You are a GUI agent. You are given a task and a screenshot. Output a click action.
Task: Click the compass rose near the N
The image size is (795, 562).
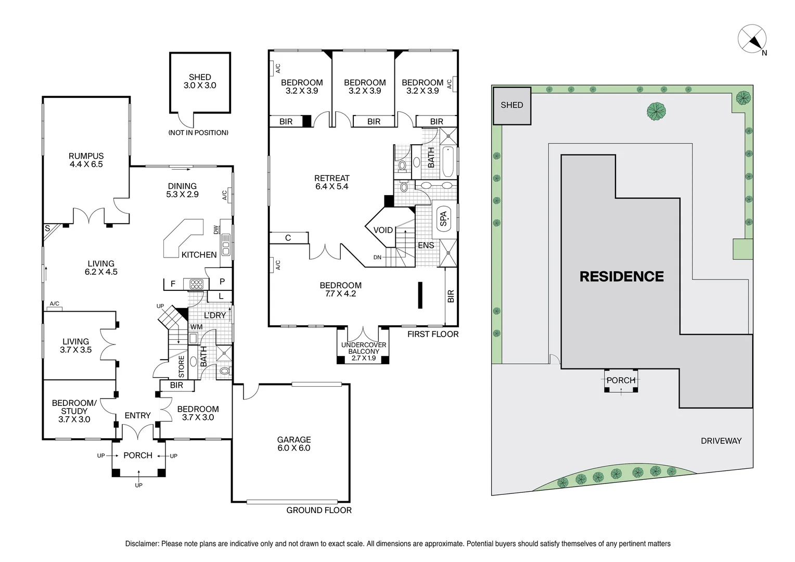(752, 39)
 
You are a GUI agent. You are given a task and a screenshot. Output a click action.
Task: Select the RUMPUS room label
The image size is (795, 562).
(86, 160)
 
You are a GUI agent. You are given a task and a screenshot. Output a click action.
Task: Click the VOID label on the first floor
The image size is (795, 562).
(383, 230)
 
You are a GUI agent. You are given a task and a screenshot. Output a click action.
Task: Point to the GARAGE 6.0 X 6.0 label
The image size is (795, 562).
(294, 444)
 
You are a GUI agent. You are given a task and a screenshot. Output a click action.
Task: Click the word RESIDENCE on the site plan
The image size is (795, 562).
(621, 276)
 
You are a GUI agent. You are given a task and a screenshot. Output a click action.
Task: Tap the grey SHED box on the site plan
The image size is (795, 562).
(512, 106)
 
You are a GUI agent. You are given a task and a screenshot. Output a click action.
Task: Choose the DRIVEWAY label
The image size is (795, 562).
(721, 441)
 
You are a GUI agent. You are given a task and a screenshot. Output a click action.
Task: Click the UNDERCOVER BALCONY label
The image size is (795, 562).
(364, 348)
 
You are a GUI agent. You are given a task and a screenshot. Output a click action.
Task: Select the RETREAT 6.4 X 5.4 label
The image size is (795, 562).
(332, 182)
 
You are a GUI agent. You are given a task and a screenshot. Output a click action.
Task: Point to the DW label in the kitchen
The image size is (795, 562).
(216, 230)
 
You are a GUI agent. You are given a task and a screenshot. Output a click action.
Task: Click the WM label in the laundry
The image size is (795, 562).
(197, 327)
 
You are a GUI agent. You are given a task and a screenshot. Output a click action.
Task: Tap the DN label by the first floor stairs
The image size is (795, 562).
(377, 258)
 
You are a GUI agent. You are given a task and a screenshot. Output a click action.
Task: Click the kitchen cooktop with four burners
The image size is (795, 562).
(196, 284)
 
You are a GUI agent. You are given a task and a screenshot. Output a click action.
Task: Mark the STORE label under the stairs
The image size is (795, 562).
(182, 367)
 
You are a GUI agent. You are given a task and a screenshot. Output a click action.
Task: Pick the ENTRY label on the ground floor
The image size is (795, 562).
(138, 415)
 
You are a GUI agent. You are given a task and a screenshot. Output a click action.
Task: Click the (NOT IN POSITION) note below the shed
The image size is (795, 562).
(198, 133)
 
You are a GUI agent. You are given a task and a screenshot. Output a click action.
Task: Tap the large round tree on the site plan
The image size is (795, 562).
(656, 111)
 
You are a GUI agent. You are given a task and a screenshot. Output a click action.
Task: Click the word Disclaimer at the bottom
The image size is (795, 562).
(142, 544)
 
